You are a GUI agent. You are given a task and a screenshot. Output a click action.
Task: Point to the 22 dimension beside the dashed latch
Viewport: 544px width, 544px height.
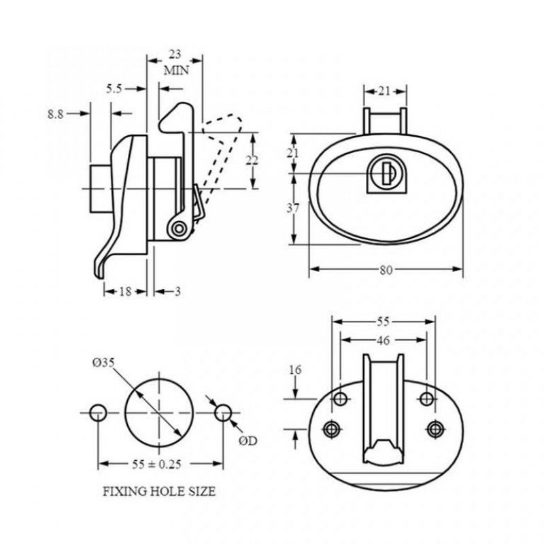pos(252,160)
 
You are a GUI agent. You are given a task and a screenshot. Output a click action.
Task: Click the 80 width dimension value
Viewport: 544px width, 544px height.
pos(386,269)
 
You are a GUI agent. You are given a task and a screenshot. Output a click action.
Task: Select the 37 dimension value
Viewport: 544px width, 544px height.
pos(292,209)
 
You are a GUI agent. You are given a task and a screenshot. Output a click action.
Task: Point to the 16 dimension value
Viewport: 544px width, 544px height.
pos(294,371)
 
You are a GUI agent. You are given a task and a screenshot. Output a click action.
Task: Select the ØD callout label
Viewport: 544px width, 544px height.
pos(249,441)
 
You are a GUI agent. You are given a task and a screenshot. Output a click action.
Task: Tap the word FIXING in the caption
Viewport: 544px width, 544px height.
pos(123,490)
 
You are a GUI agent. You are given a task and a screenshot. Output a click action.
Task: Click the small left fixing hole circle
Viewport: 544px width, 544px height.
pos(98,412)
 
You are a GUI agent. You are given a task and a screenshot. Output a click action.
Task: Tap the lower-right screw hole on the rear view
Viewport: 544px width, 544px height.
pos(435,428)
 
